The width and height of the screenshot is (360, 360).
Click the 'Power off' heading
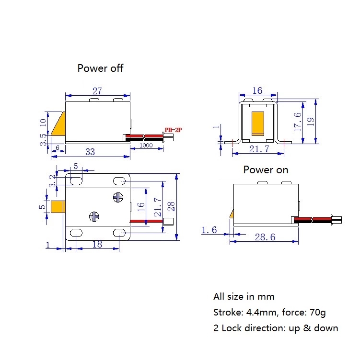pyautogui.click(x=100, y=68)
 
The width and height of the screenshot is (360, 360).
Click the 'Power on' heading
pyautogui.click(x=266, y=170)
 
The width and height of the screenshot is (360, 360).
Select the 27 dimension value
pyautogui.click(x=97, y=91)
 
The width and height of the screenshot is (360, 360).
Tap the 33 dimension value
pyautogui.click(x=90, y=152)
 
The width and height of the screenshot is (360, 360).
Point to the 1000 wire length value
pyautogui.click(x=146, y=146)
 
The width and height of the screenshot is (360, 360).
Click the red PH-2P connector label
pyautogui.click(x=173, y=130)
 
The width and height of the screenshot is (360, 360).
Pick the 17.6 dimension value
pyautogui.click(x=298, y=122)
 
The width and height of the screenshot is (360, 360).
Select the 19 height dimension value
pyautogui.click(x=311, y=121)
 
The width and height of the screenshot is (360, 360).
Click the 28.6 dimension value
pyautogui.click(x=265, y=237)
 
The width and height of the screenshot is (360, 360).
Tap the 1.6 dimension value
pyautogui.click(x=209, y=230)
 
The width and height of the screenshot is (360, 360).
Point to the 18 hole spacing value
pyautogui.click(x=97, y=244)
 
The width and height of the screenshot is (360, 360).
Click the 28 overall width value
pyautogui.click(x=171, y=206)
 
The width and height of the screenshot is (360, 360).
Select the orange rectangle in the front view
pyautogui.click(x=258, y=124)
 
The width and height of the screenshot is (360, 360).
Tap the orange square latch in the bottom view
pyautogui.click(x=58, y=207)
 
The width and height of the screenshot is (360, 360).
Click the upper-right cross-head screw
pyautogui.click(x=118, y=197)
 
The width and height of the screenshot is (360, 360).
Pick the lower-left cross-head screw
pyautogui.click(x=94, y=216)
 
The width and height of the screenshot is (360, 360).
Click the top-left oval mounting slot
pyautogui.click(x=76, y=181)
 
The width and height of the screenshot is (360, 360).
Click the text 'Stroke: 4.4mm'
pyautogui.click(x=245, y=313)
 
